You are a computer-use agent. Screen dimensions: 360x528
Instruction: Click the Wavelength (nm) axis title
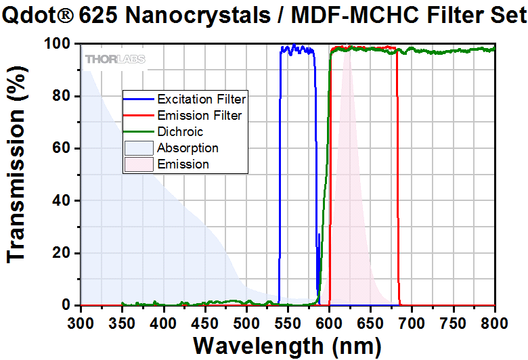287,344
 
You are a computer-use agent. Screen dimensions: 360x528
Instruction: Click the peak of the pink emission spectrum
348,54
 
